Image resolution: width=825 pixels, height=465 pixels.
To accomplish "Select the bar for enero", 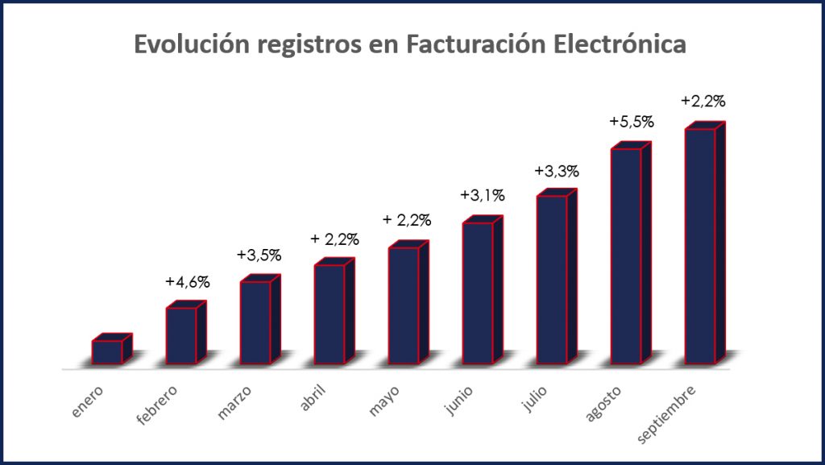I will click(107, 351).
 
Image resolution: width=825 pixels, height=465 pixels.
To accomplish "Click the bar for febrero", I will click(181, 334).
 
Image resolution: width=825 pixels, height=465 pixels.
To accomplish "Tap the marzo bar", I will click(255, 322).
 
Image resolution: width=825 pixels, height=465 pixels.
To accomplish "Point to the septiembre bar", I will click(699, 245).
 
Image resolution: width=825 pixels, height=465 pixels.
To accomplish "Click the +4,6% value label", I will click(188, 282).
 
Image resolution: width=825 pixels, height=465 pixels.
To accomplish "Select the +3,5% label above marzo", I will click(259, 255).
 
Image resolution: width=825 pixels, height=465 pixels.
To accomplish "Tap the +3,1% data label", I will click(483, 196).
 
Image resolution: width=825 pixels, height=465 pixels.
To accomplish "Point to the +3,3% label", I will click(557, 171).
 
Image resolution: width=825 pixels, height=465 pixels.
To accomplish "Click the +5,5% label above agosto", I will click(632, 122).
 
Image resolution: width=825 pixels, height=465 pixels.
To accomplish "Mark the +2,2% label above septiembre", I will click(703, 102).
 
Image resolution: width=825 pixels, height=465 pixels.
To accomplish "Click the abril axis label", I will click(313, 399).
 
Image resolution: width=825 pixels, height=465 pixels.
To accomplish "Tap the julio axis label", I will click(534, 400).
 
